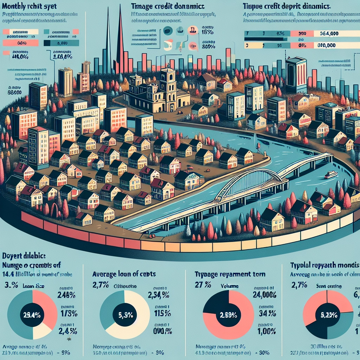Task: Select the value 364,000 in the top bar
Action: (x=329, y=34)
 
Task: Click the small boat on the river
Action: (x=330, y=175)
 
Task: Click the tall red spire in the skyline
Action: (x=120, y=39)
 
